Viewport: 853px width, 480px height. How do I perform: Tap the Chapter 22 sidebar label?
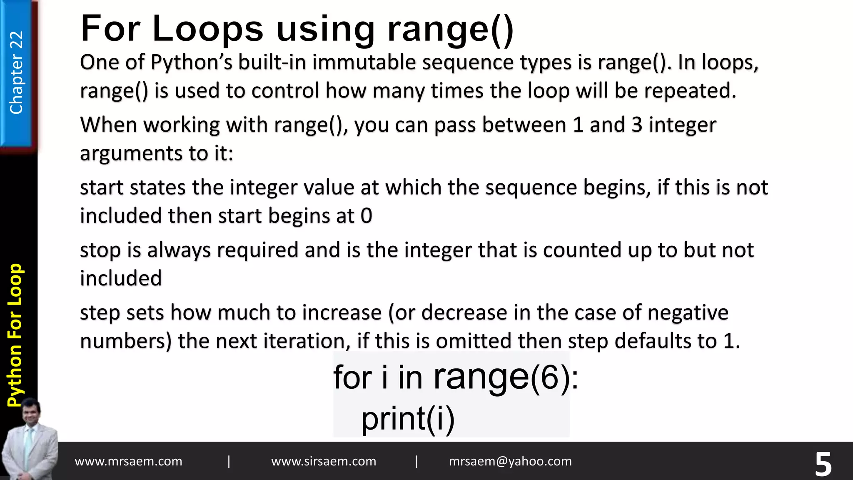pos(16,72)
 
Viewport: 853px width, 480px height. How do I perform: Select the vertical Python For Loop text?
pos(16,335)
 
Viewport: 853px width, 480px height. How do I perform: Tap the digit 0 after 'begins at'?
pos(366,216)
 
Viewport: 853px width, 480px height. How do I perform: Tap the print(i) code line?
pos(408,418)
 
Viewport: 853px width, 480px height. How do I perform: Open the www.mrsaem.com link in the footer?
pos(128,461)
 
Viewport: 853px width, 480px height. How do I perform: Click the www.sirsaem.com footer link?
pos(324,461)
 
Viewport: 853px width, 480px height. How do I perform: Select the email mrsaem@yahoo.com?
pos(510,461)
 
